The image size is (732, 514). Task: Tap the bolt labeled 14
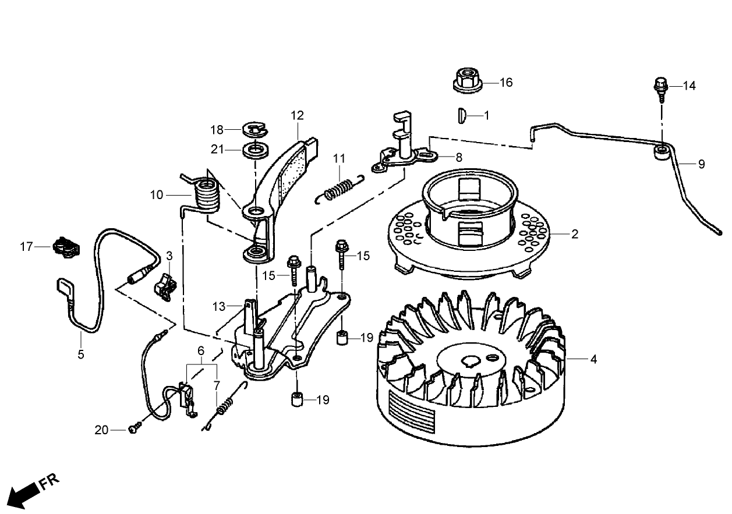click(661, 87)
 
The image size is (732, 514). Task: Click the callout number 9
click(701, 164)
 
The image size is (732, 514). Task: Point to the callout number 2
click(575, 235)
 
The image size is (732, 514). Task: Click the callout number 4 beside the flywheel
click(593, 360)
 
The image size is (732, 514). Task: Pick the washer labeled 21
click(254, 150)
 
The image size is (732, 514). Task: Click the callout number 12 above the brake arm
click(298, 115)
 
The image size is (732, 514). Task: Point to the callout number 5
click(81, 353)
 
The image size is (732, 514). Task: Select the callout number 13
click(218, 306)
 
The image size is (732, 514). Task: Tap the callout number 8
click(458, 157)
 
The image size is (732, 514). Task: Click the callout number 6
click(201, 350)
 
